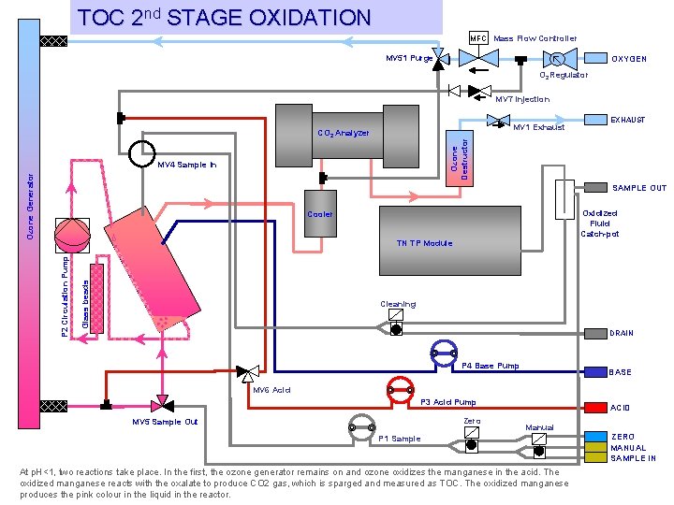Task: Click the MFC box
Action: tap(478, 38)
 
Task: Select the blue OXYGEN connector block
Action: tap(593, 58)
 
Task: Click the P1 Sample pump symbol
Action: tap(361, 426)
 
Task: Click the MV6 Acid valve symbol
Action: tap(248, 371)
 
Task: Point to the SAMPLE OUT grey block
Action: tap(594, 187)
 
